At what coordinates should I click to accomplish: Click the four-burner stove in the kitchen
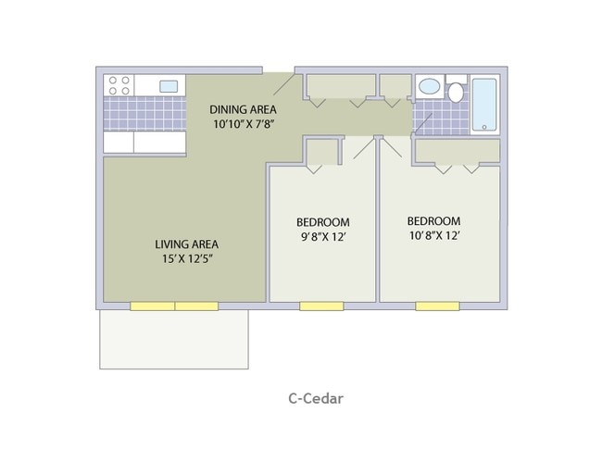(119, 85)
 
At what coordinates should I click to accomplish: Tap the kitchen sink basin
(169, 86)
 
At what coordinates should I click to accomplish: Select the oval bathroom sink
(429, 88)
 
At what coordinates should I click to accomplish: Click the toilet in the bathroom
(456, 91)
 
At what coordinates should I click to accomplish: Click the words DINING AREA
(244, 107)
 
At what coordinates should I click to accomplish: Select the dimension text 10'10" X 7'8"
(244, 123)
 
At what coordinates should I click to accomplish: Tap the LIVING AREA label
(186, 244)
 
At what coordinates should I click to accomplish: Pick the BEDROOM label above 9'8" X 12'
(322, 222)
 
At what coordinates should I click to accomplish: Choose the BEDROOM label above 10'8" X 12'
(433, 221)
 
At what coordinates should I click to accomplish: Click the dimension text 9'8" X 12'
(322, 236)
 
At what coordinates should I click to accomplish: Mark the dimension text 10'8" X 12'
(433, 235)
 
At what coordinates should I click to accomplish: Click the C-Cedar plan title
(316, 399)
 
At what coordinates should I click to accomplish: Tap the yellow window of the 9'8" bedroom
(321, 306)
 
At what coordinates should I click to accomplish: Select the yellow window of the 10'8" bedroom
(437, 306)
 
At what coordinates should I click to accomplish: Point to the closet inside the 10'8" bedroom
(457, 150)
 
